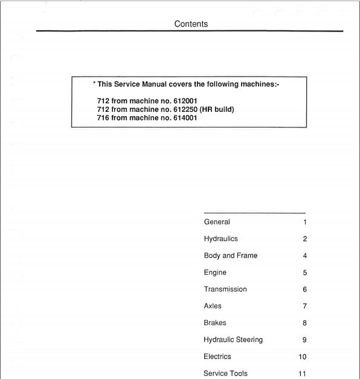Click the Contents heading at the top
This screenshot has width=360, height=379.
coord(191,24)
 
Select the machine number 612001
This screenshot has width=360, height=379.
coord(185,100)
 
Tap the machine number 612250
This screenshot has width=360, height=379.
coord(185,109)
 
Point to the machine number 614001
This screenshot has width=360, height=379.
coord(185,118)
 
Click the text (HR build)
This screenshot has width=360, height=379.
coord(216,109)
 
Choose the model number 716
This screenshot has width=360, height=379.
coord(103,118)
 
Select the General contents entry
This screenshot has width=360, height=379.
coord(217,222)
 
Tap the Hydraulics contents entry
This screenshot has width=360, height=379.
coord(221,239)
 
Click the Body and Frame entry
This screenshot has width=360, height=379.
coord(231,256)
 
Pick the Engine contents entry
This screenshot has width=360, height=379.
coord(215,273)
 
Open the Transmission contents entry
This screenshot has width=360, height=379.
coord(225,290)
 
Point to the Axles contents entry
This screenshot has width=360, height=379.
coord(213,306)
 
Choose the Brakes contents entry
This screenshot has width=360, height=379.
coord(215,323)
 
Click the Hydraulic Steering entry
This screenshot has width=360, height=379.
coord(233,340)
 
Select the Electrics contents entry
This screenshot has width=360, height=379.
coord(217,357)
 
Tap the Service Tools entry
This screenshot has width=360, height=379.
coord(225,374)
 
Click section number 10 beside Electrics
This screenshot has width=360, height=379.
coord(303,357)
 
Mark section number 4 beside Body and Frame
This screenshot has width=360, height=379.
coord(305,256)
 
